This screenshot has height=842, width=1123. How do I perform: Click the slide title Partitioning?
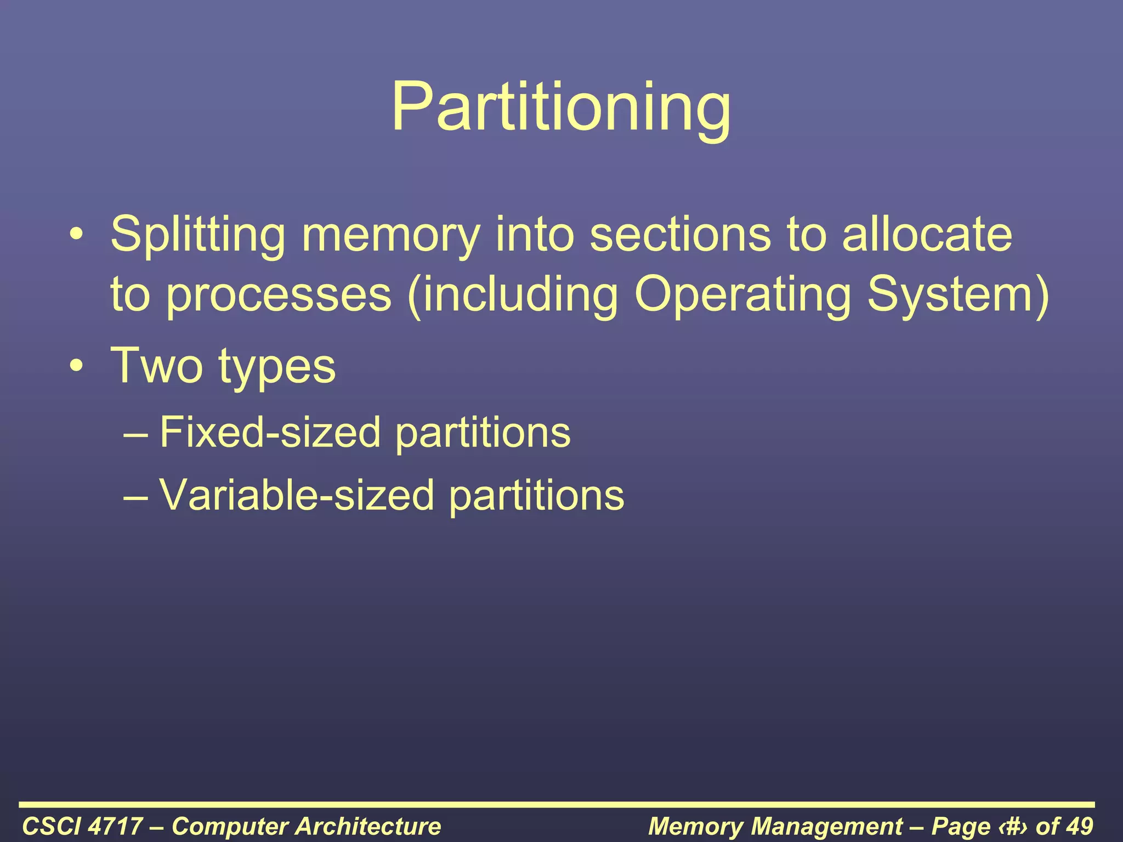pyautogui.click(x=561, y=107)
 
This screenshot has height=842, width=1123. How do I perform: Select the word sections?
pyautogui.click(x=680, y=235)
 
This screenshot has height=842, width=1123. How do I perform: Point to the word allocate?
pyautogui.click(x=927, y=235)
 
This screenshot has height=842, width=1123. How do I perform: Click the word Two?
pyautogui.click(x=157, y=366)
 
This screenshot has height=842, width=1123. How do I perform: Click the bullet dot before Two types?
pyautogui.click(x=77, y=366)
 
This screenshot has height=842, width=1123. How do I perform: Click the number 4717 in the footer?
pyautogui.click(x=115, y=826)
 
